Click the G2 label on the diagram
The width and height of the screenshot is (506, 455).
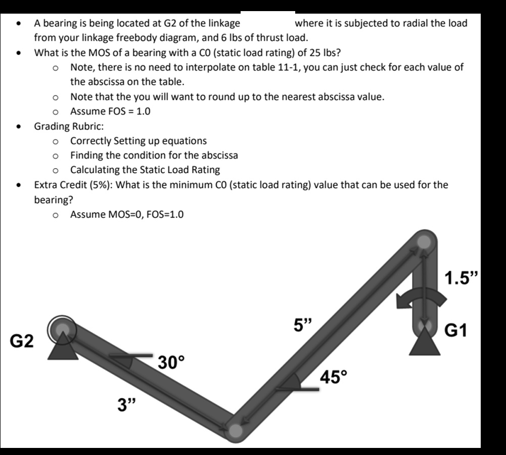[23, 341]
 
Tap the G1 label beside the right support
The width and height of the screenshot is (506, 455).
[457, 331]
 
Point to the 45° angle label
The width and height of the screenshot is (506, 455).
[334, 376]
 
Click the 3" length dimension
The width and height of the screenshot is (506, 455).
[127, 405]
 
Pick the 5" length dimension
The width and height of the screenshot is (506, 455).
[304, 325]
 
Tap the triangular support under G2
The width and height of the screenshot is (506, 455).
[63, 349]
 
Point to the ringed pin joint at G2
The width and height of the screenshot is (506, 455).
[62, 329]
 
